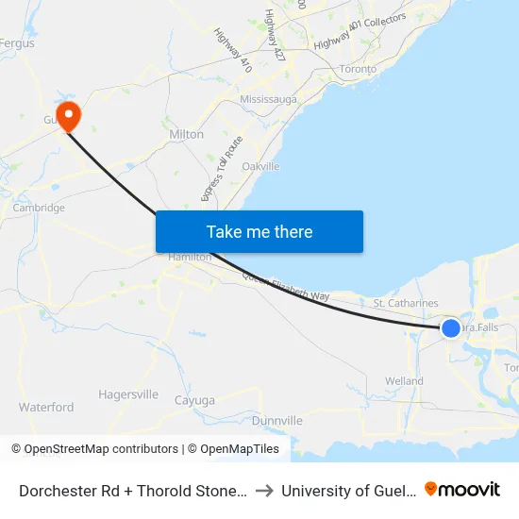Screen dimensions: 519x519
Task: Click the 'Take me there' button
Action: click(x=259, y=231)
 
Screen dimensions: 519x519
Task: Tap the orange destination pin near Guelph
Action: click(x=68, y=115)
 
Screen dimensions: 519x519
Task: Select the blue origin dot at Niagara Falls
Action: click(x=451, y=327)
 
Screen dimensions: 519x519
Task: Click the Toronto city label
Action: click(x=358, y=69)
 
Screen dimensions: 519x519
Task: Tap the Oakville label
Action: click(x=261, y=166)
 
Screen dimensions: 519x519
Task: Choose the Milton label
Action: click(x=186, y=134)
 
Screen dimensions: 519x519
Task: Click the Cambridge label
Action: click(x=39, y=208)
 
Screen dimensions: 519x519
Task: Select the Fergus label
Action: click(x=17, y=43)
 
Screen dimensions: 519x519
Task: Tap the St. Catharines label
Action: click(x=406, y=303)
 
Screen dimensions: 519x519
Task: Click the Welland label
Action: click(x=404, y=381)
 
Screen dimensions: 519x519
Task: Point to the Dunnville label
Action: click(x=277, y=420)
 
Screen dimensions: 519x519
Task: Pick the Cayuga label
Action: click(x=195, y=400)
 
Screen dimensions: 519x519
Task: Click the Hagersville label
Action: click(x=128, y=394)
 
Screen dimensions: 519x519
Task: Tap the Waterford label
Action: click(x=46, y=408)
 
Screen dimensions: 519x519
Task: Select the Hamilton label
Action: click(x=190, y=257)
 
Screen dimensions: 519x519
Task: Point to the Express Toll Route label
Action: click(x=223, y=168)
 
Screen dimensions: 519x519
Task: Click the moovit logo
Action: click(x=462, y=489)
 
